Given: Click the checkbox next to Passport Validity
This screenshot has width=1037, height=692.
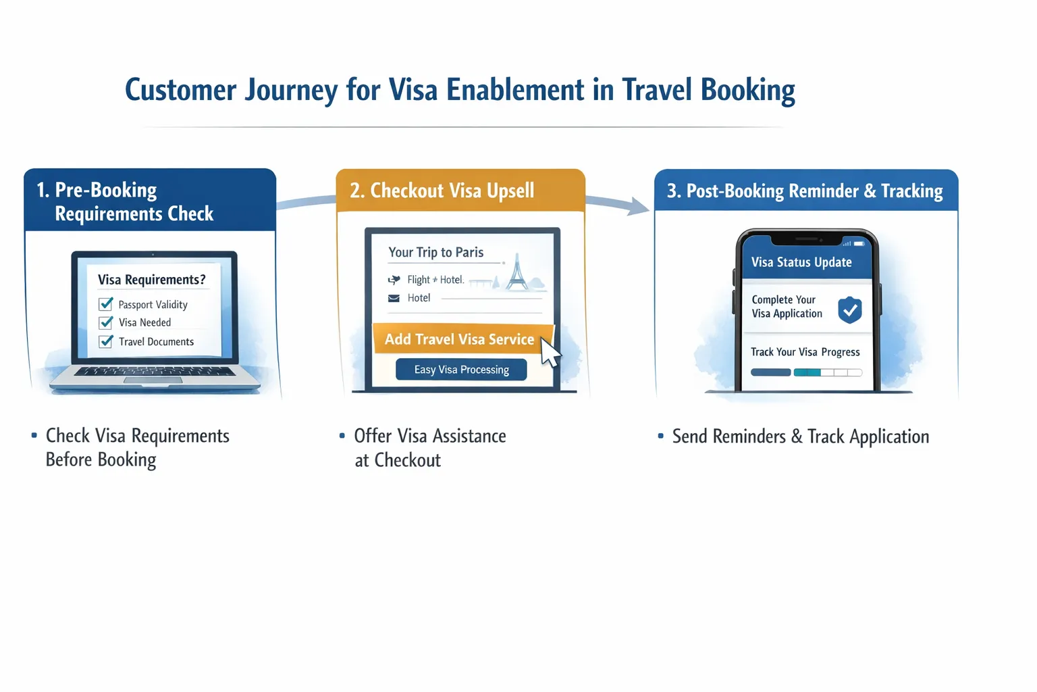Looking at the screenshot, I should (x=106, y=304).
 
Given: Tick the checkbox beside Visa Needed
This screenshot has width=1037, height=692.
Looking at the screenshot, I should (x=106, y=322).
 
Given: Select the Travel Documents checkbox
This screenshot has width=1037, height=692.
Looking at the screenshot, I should (x=106, y=341).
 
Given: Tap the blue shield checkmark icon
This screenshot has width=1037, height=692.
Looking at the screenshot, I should (x=850, y=310).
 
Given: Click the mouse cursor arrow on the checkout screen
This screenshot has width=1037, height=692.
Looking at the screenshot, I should (x=550, y=352).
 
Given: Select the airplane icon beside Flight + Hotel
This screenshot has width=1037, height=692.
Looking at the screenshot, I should (x=394, y=280).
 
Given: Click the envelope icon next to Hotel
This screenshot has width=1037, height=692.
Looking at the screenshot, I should (x=394, y=298).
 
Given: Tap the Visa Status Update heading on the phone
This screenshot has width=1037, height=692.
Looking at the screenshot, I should (x=801, y=262).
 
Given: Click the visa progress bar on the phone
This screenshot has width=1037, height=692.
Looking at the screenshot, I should (x=806, y=372).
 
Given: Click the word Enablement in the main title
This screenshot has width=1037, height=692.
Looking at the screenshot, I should (x=515, y=91).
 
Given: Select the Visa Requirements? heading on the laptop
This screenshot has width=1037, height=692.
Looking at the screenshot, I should (x=151, y=280).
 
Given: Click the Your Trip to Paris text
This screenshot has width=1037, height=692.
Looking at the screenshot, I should (x=436, y=252).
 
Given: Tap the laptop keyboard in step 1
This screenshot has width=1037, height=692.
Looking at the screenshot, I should (x=155, y=371).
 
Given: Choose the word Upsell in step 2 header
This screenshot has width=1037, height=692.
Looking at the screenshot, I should (x=510, y=191).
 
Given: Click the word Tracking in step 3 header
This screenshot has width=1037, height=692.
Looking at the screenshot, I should (x=911, y=191).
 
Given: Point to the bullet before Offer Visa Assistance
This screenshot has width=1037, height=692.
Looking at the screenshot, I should (x=342, y=437).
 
